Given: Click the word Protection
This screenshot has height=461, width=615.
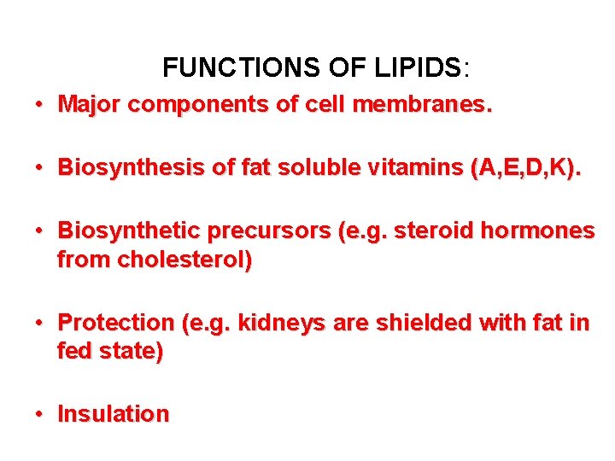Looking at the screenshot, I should [115, 323].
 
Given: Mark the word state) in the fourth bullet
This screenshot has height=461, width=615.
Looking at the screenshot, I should [132, 351].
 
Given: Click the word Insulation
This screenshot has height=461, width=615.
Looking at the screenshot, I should [114, 414].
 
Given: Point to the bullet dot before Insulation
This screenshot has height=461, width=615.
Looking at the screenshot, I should [39, 415].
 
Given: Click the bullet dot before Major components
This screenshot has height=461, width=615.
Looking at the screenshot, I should [39, 106].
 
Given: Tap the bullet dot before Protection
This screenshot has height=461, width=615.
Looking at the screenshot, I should [39, 324].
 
